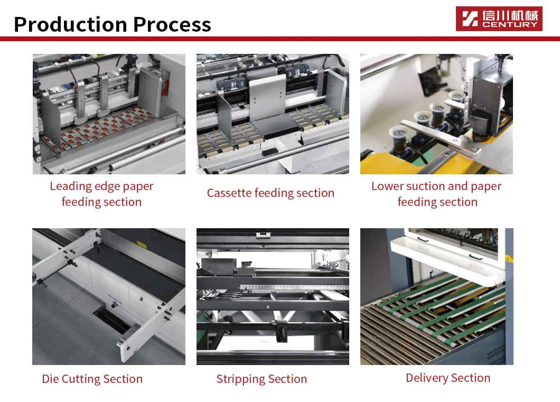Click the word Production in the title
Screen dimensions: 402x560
(70, 24)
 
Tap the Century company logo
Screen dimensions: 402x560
(499, 18)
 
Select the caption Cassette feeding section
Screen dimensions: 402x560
(270, 193)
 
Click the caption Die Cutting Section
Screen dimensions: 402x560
(92, 379)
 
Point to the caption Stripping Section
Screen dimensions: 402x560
(262, 379)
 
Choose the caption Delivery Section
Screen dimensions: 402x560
(448, 378)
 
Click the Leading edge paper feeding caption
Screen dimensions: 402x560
(101, 194)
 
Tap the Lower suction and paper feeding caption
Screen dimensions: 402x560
(436, 194)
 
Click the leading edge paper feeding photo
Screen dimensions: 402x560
(109, 114)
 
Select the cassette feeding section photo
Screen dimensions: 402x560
(273, 114)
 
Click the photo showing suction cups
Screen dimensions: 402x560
(436, 114)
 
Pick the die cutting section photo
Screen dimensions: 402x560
(109, 296)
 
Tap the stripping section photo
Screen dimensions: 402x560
(273, 296)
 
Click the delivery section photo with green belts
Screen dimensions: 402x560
(436, 317)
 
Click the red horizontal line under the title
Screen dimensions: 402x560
(280, 39)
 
